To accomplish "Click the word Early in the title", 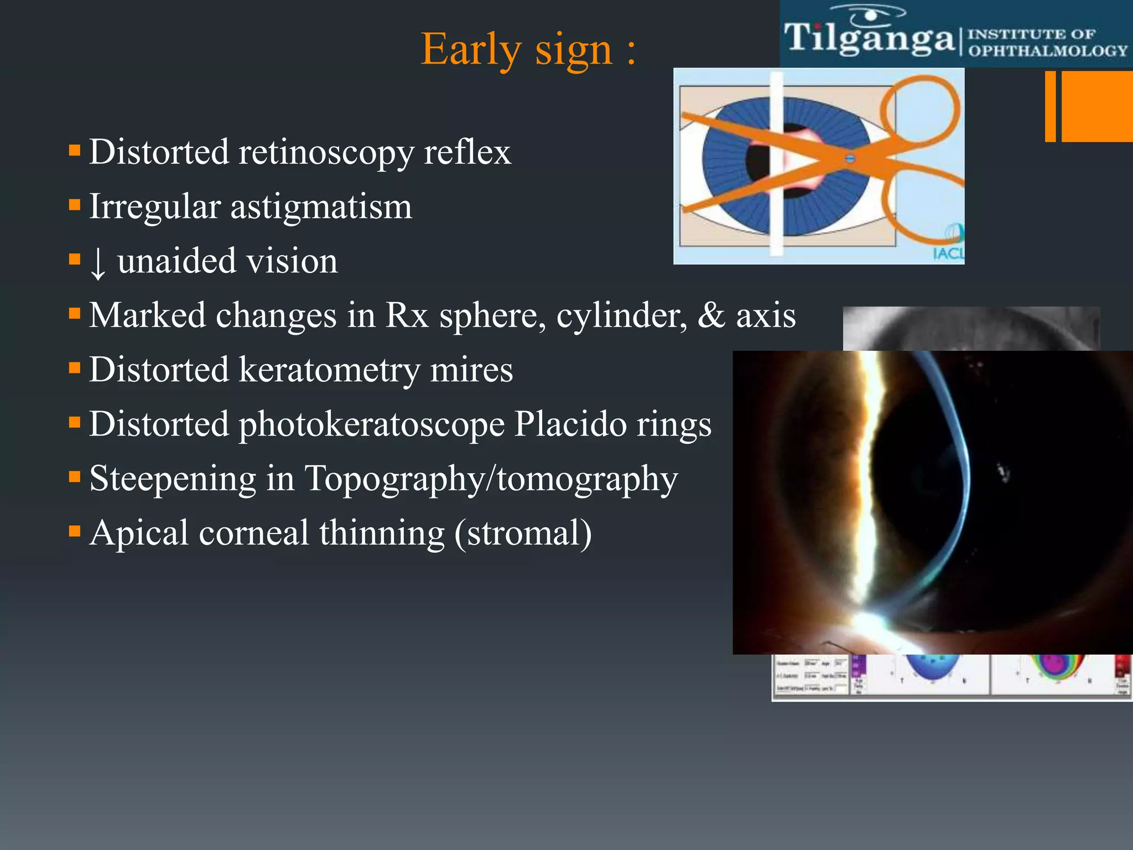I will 470,50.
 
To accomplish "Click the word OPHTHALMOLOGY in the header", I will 1047,51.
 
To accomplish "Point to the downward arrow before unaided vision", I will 97,263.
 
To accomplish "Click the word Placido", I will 569,424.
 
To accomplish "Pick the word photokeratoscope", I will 371,425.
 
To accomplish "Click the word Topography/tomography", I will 491,479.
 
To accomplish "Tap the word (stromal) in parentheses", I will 523,533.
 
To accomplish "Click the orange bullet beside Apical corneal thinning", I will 75,532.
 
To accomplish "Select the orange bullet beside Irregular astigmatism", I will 75,205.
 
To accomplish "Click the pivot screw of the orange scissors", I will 850,159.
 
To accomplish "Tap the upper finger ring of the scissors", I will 919,108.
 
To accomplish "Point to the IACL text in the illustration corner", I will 947,253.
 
